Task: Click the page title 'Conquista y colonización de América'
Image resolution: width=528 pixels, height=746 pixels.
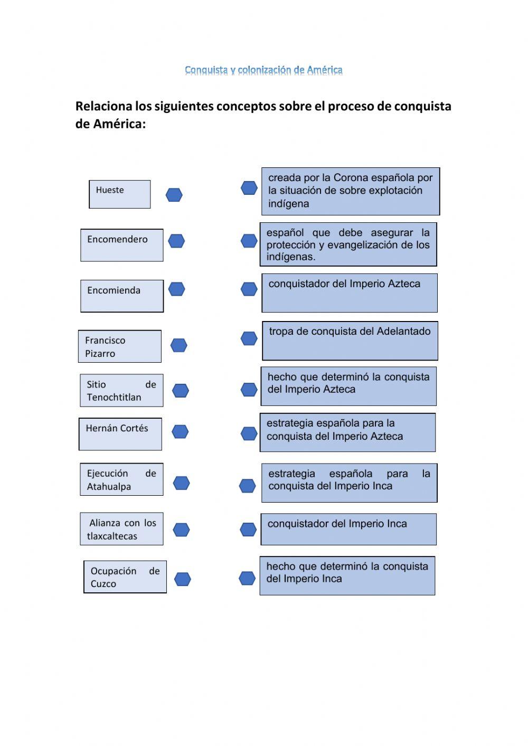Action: coord(263,70)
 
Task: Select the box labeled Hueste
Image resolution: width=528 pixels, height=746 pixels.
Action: coord(119,194)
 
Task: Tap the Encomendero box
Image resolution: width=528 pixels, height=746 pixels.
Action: coord(121,245)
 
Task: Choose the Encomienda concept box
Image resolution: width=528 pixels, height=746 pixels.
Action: coord(121,296)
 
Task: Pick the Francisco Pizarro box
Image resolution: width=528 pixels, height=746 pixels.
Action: coord(119,346)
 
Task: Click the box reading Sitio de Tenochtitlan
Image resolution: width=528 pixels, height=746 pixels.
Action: coord(121,391)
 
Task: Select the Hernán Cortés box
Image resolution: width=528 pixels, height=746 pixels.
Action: coord(120,434)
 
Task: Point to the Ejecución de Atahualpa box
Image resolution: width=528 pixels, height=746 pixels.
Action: coord(121,479)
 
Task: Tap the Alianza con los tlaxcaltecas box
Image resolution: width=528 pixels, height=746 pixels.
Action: coord(121,529)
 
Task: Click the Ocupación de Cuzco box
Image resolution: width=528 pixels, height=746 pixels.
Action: coord(125,577)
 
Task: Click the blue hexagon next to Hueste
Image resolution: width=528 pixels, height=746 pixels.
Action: coord(174,195)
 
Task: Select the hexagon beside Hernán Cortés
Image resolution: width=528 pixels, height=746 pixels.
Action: coord(180,432)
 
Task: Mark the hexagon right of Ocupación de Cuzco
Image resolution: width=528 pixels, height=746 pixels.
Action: coord(182,580)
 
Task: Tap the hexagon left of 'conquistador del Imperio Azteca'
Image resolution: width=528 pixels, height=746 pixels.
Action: coord(249,289)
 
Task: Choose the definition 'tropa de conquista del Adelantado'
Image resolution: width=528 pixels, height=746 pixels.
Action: coord(350,341)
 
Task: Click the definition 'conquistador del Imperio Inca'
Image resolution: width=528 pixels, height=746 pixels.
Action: coord(348,529)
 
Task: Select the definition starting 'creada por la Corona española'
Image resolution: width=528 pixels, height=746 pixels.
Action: coord(351,191)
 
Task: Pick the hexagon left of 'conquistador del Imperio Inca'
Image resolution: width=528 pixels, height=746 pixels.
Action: coord(248,529)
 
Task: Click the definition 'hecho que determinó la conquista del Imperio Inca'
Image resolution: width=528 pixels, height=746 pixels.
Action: coord(347,575)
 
